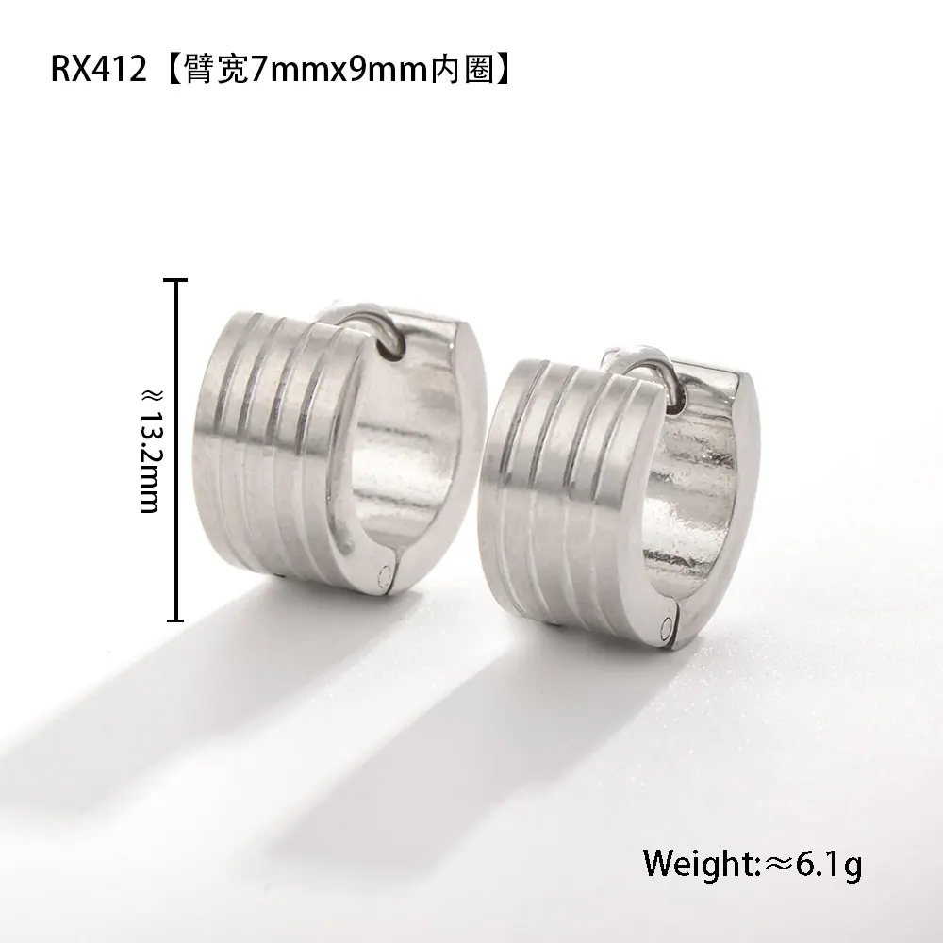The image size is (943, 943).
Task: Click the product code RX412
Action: point(99,69)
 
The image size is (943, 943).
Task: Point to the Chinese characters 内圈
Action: point(462,69)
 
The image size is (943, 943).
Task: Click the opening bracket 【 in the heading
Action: point(171,69)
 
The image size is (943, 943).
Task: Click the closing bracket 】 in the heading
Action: point(504,69)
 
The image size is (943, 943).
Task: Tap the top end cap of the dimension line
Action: point(175,280)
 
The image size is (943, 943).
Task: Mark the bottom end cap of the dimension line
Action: point(175,620)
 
